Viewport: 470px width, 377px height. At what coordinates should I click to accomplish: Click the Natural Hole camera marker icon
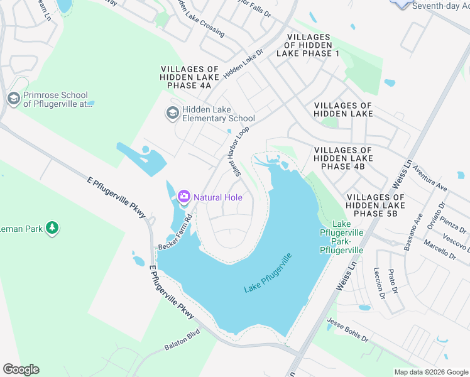point(184,197)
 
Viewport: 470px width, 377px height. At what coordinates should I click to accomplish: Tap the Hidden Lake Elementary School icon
point(172,113)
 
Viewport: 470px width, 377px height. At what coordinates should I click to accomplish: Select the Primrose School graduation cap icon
point(13,99)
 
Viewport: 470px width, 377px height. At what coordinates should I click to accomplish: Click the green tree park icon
point(53,227)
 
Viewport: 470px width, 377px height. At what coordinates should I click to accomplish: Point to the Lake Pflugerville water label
point(268,274)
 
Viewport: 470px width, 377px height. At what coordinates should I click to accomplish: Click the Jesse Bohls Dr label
point(347,331)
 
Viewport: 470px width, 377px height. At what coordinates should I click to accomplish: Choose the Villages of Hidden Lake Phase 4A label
point(190,77)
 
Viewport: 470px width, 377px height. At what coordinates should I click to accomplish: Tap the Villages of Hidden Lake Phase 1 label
point(312,45)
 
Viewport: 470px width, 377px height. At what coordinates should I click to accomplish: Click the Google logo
point(21,369)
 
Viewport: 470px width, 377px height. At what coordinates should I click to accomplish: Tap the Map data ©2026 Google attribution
point(430,372)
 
